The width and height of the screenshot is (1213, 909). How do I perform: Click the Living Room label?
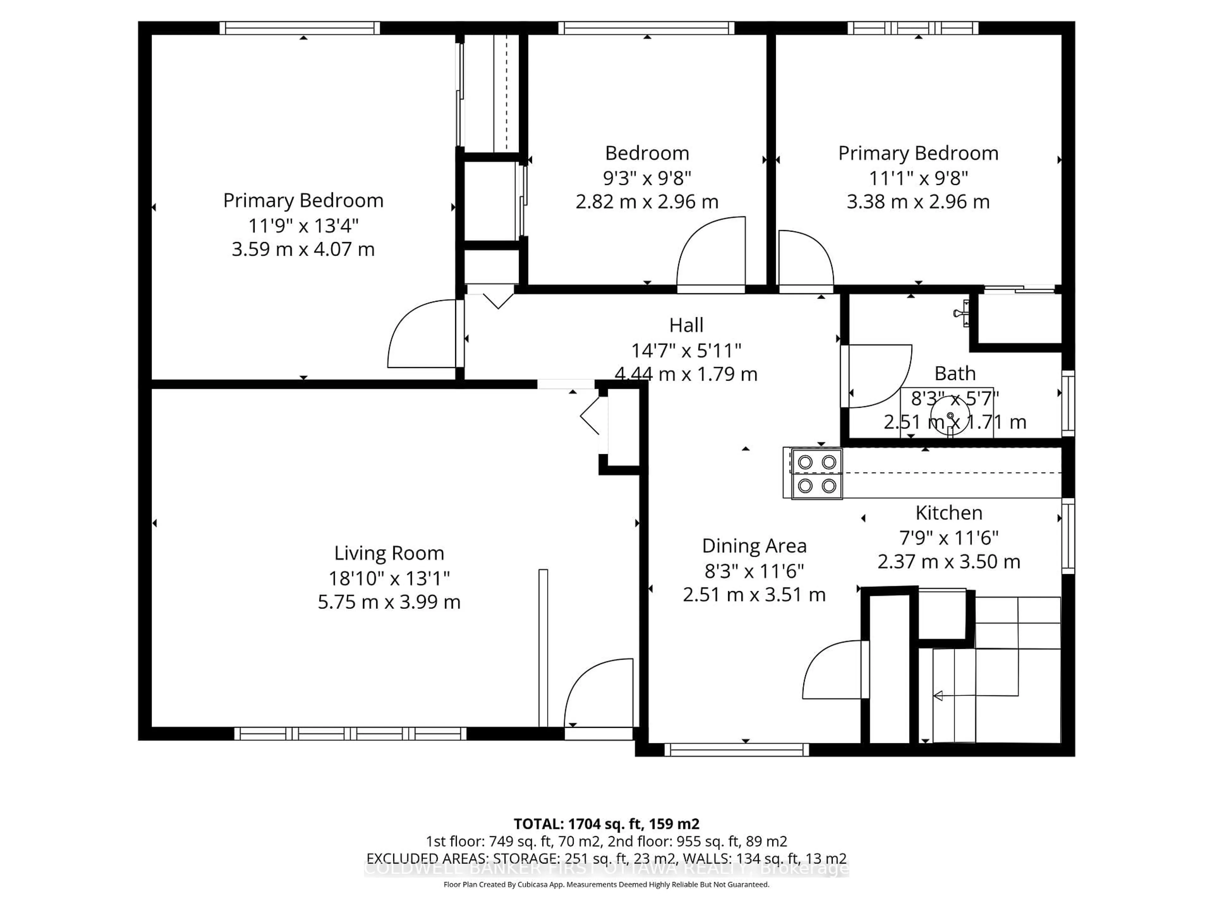point(389,553)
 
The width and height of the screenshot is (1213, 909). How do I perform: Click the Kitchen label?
point(949,513)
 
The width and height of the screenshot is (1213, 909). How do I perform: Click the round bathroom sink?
point(950,416)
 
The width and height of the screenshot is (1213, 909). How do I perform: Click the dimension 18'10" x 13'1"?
point(389,578)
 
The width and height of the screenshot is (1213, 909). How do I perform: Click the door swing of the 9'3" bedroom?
point(713,252)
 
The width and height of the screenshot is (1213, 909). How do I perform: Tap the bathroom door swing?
point(878,375)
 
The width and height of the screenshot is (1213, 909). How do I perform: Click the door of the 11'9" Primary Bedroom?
point(422,334)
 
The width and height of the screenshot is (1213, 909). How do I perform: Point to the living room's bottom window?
point(350,733)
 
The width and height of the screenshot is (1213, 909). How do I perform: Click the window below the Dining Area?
point(736,750)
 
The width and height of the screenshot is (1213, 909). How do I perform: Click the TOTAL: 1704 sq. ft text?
point(606,824)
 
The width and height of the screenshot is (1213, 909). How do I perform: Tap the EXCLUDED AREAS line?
point(606,858)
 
